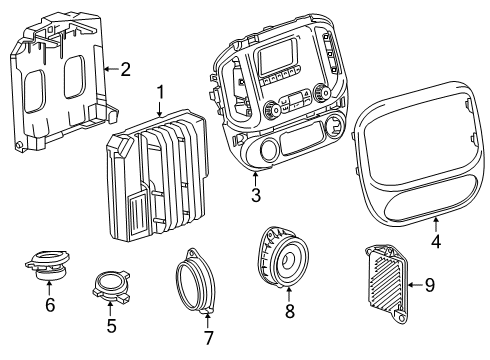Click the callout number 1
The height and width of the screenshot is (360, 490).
[x=160, y=94]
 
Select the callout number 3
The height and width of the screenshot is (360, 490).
[x=256, y=196]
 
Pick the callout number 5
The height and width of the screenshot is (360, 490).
[x=112, y=325]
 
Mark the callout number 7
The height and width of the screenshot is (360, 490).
[x=210, y=338]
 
